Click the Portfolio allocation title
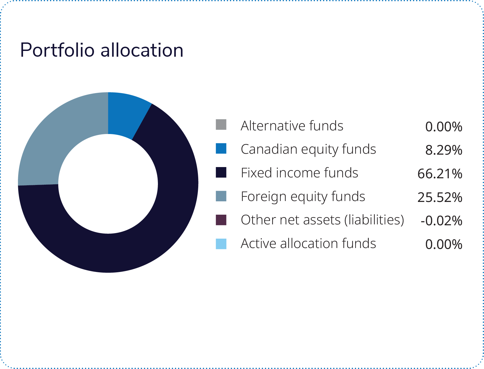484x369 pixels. click(102, 50)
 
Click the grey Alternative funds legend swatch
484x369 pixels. click(221, 125)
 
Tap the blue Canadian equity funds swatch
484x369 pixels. click(221, 148)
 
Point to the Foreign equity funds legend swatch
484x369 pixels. click(221, 196)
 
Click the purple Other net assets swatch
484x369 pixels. click(221, 220)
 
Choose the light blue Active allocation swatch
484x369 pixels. click(221, 244)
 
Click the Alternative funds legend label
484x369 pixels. click(292, 126)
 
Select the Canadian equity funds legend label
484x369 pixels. click(308, 149)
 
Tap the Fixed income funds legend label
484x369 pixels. click(299, 173)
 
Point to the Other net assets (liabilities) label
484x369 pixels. click(322, 220)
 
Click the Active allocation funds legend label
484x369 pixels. click(308, 243)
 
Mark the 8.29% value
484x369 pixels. click(444, 150)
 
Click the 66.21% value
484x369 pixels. click(440, 174)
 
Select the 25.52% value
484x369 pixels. click(440, 197)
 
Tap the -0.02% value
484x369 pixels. click(441, 221)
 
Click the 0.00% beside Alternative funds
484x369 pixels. click(444, 126)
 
